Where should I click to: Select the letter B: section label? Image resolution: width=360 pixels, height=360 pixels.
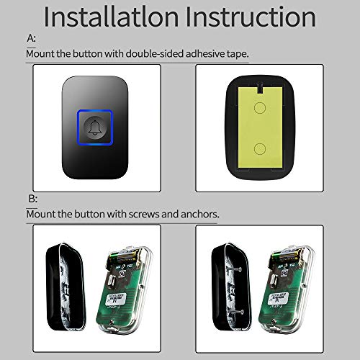pos(31,199)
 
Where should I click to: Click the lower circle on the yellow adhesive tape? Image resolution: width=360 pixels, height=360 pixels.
pos(260,148)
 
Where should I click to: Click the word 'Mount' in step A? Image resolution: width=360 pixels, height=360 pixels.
pos(41,54)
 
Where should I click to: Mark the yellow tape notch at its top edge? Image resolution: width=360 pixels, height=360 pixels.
pos(260,76)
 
